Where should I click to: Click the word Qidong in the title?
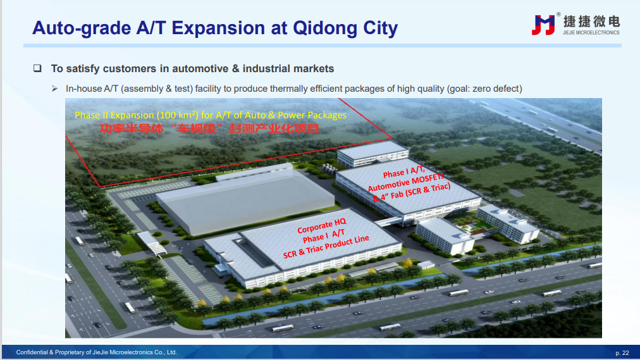point(324,28)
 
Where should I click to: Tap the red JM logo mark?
point(543,25)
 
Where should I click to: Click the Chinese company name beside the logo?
point(591,22)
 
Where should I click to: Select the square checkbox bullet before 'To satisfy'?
point(37,68)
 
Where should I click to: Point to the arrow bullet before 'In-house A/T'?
point(54,89)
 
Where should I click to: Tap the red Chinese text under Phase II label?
point(209,128)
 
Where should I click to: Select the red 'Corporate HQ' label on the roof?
point(322,225)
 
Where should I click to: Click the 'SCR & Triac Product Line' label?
point(326,247)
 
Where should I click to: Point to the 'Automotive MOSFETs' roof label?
point(406,182)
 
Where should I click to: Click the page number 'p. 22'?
point(622,352)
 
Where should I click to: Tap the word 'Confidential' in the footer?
point(32,352)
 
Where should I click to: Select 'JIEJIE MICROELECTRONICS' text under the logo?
point(591,33)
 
